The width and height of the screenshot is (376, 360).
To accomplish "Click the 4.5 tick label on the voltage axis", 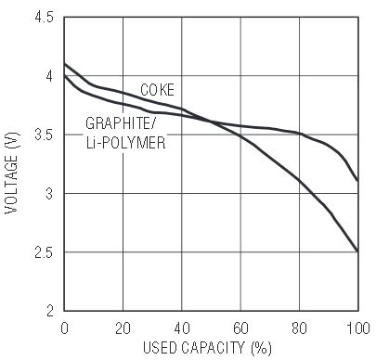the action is point(44,17).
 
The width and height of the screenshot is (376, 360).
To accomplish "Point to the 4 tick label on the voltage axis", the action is point(49,76).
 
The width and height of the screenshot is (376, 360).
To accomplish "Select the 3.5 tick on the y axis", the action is point(44,135).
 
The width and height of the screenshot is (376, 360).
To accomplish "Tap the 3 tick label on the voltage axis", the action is point(49,194).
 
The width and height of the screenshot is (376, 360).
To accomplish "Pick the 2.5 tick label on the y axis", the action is point(44,252).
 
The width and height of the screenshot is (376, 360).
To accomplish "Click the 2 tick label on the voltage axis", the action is point(50,311).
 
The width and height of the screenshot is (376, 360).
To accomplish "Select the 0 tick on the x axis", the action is point(64,328).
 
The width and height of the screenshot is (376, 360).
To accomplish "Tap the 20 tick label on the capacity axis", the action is point(123,328).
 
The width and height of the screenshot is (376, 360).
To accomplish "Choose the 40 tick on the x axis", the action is point(182,328).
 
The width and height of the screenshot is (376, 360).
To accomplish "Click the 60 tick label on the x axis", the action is point(240,328).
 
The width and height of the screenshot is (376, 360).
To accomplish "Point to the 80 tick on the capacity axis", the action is point(300,328).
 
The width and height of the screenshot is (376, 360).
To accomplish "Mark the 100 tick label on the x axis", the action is point(358,328).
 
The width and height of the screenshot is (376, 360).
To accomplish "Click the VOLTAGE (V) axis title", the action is point(12,173).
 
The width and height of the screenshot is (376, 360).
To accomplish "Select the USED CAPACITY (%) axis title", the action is point(207,348).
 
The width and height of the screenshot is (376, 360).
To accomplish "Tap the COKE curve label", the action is point(157,90).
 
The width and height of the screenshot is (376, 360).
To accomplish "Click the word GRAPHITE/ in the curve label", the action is point(122,123).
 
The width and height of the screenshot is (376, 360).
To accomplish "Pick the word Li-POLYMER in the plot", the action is point(125,143).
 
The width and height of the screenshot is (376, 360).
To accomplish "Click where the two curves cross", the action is point(212,122).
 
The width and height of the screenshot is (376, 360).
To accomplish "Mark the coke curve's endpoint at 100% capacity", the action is point(358,251).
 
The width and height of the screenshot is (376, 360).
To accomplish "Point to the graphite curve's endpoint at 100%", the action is point(358,181).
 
